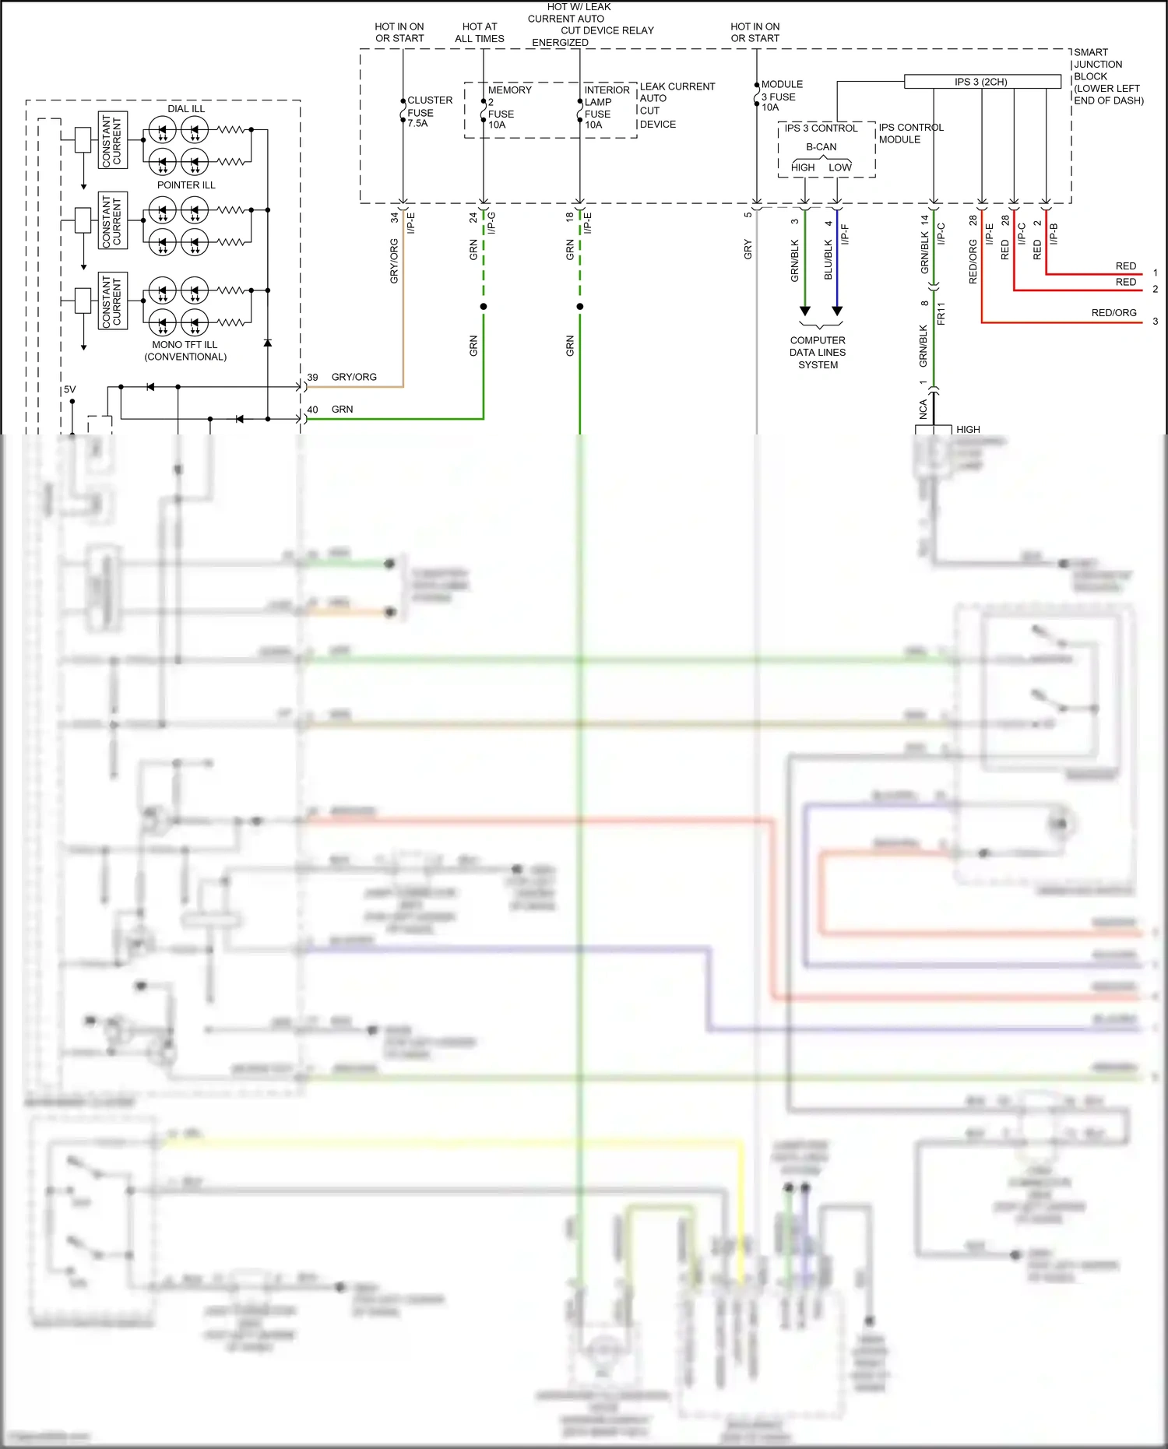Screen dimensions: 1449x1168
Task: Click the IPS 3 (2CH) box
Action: click(x=982, y=82)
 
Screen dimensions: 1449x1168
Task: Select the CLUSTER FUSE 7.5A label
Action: click(x=429, y=111)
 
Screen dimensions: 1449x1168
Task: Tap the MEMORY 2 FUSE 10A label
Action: click(x=505, y=107)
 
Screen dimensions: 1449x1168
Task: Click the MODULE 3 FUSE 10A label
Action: click(x=780, y=96)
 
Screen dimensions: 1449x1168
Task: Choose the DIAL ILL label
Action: click(x=186, y=108)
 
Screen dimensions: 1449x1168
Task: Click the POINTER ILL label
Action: click(x=186, y=185)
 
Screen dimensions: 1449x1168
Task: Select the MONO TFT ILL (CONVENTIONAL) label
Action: click(x=185, y=350)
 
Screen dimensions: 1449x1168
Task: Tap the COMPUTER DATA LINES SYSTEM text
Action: click(x=818, y=352)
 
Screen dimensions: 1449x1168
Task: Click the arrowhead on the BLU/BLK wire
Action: click(x=837, y=311)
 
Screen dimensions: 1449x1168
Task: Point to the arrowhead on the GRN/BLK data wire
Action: click(x=805, y=311)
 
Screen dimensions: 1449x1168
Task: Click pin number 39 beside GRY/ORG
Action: click(x=312, y=377)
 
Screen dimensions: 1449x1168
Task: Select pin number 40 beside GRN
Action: click(x=312, y=410)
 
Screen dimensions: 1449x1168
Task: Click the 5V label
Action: click(x=70, y=389)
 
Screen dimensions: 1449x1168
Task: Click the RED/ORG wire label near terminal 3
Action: click(x=1113, y=313)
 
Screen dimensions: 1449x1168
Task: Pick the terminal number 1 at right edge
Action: click(x=1155, y=273)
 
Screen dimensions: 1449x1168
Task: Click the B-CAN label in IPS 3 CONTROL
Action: click(x=821, y=147)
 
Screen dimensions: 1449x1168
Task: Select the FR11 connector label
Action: click(x=941, y=313)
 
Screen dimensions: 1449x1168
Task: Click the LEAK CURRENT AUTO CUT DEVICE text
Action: click(x=677, y=105)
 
